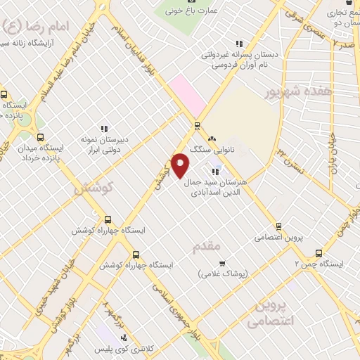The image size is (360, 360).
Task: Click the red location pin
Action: coord(181,165)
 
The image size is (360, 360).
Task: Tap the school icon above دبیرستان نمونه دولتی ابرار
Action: coord(103,129)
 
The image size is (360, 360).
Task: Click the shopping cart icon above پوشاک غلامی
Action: coord(222,264)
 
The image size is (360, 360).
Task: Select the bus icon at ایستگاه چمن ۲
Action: coord(319,253)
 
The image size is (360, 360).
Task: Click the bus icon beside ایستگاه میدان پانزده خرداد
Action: coord(39,137)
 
